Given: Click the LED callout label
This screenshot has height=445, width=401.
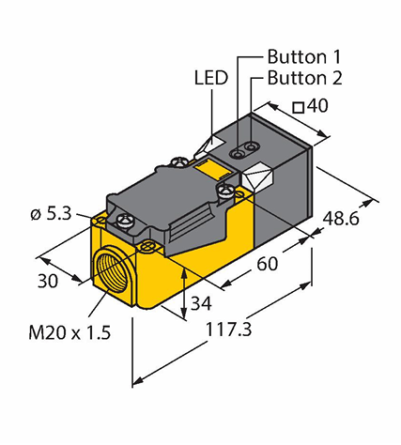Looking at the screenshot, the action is point(211,78).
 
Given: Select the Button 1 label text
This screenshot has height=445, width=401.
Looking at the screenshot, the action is point(303,57).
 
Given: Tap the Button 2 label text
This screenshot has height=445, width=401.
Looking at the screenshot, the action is point(304,78).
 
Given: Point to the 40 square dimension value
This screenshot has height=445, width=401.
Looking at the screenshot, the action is point(317,106).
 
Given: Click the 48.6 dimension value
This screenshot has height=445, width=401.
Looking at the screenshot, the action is point(341,219).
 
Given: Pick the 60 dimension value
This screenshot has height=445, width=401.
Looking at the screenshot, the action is point(268,264).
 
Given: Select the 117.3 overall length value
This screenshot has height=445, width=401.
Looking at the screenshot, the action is point(228,330).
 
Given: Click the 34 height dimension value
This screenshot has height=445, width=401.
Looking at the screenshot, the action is point(201,303).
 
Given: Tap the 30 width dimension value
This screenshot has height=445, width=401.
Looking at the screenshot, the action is point(48,281).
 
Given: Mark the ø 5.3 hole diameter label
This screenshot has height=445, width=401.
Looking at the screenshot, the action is point(52,214).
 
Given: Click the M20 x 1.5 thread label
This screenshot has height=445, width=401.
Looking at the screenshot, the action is point(69,332).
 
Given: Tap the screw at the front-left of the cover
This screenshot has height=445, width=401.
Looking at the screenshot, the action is point(124,221).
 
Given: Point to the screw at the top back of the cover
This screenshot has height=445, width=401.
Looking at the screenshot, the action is point(178,161).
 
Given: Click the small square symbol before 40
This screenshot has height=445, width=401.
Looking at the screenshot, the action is point(299,108).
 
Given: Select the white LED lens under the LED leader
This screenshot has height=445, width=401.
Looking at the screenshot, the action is point(209,146).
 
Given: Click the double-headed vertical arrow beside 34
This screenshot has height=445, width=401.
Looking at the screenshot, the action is point(185,294).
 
